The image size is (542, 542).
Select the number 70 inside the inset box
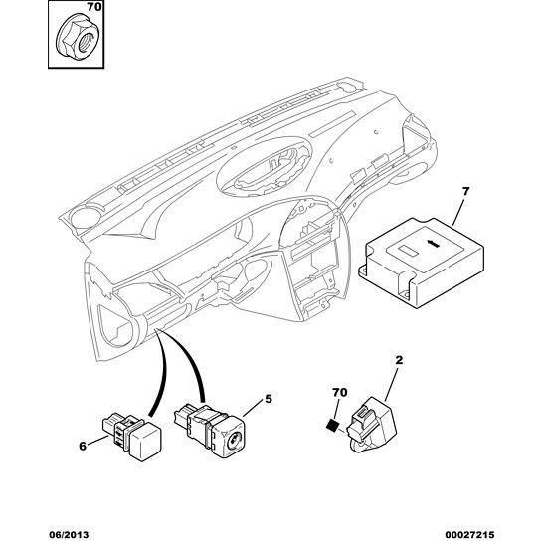94,7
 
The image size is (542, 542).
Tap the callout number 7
465,191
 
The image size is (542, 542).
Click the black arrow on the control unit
435,244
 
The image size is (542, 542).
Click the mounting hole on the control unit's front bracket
404,294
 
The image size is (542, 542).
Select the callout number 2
399,361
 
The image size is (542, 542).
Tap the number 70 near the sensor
340,392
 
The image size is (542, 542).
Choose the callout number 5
269,399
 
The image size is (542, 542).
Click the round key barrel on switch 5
233,443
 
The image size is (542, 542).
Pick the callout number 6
83,446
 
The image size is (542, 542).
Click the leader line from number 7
459,212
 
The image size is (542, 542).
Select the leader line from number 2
391,384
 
